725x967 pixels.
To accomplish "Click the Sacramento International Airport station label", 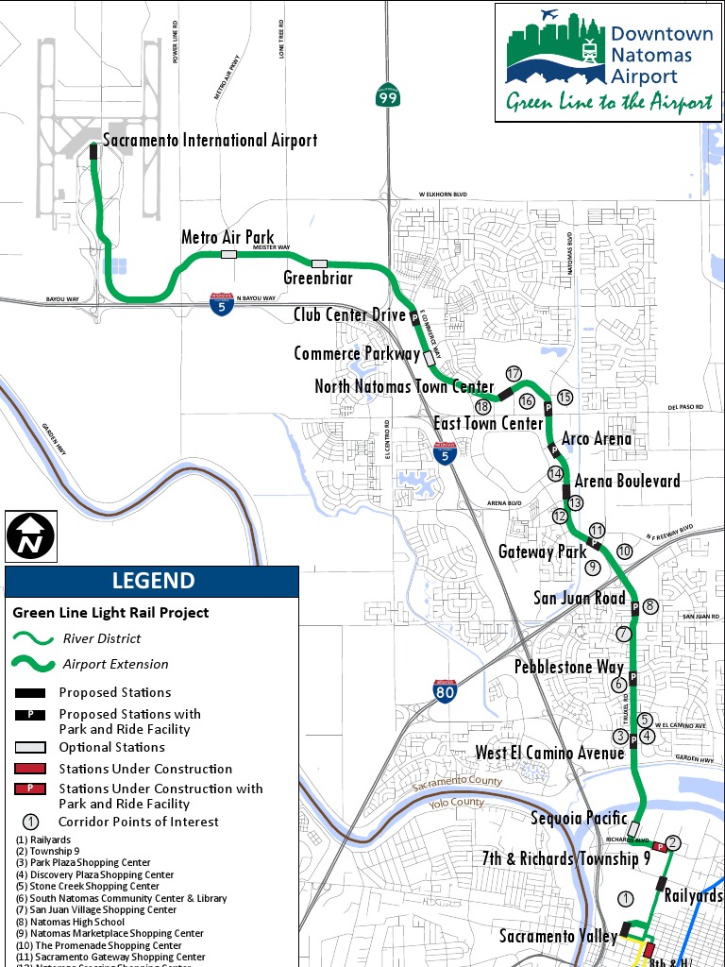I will [x=210, y=141].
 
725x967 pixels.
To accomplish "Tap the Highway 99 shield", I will [x=387, y=96].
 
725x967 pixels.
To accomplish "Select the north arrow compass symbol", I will [x=31, y=536].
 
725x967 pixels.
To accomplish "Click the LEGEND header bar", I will [x=152, y=581].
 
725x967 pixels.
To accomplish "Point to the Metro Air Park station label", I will [x=227, y=238].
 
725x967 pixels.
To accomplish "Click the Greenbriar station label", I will [x=318, y=278].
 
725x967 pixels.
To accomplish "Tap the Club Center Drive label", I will [x=349, y=314].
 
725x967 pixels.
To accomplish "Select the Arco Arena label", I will [x=597, y=439].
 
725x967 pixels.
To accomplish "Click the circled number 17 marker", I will [x=514, y=374].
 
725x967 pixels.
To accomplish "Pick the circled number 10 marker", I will [x=624, y=551].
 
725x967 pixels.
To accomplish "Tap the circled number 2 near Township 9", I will [x=673, y=842].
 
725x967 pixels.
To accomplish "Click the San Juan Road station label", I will [x=580, y=598].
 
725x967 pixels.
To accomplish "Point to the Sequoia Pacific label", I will [x=579, y=818].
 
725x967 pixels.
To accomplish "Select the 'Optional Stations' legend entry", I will [x=111, y=747].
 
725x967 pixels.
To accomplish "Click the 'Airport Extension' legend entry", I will [x=115, y=664].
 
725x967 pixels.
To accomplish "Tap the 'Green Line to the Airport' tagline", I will [x=609, y=103].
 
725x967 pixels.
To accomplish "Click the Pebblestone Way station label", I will [x=568, y=667].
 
